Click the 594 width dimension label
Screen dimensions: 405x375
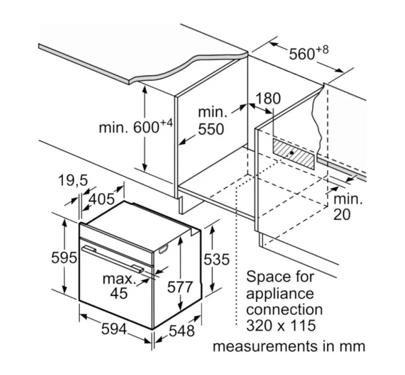[x=114, y=329]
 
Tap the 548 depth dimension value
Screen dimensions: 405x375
[x=182, y=330]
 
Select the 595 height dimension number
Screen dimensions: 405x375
[x=64, y=257]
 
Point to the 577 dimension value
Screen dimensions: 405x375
[x=180, y=287]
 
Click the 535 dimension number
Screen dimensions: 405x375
[x=216, y=259]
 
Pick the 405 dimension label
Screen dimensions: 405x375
[x=101, y=199]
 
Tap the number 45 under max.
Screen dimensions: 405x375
[x=119, y=293]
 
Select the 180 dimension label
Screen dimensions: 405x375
[x=268, y=99]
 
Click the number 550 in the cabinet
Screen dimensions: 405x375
[x=211, y=129]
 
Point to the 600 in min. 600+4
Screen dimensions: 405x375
[x=147, y=127]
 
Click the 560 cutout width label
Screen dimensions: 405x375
[x=302, y=54]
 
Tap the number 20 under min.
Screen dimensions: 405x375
[x=342, y=214]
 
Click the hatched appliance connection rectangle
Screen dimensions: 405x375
[x=294, y=154]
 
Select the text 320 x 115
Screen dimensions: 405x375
[x=281, y=325]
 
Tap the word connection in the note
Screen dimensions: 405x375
[x=284, y=310]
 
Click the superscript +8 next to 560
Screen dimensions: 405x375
[x=322, y=49]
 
